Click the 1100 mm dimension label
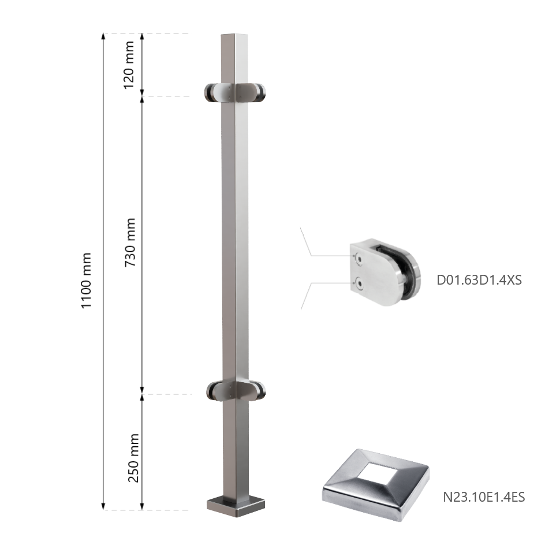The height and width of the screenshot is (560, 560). (x=87, y=281)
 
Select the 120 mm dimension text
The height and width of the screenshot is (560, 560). (x=129, y=65)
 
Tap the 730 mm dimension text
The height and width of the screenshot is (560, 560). (x=130, y=242)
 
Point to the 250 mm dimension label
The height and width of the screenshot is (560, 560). (x=133, y=458)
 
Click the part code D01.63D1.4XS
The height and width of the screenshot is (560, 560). (x=479, y=280)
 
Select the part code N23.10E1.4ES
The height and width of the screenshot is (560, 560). (x=484, y=497)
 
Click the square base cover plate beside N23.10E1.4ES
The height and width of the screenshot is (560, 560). (x=376, y=484)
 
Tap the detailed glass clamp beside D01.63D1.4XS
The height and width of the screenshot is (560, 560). (x=385, y=272)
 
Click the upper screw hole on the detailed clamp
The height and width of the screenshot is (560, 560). (x=359, y=259)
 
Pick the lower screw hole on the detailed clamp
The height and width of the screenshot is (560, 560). (x=359, y=284)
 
